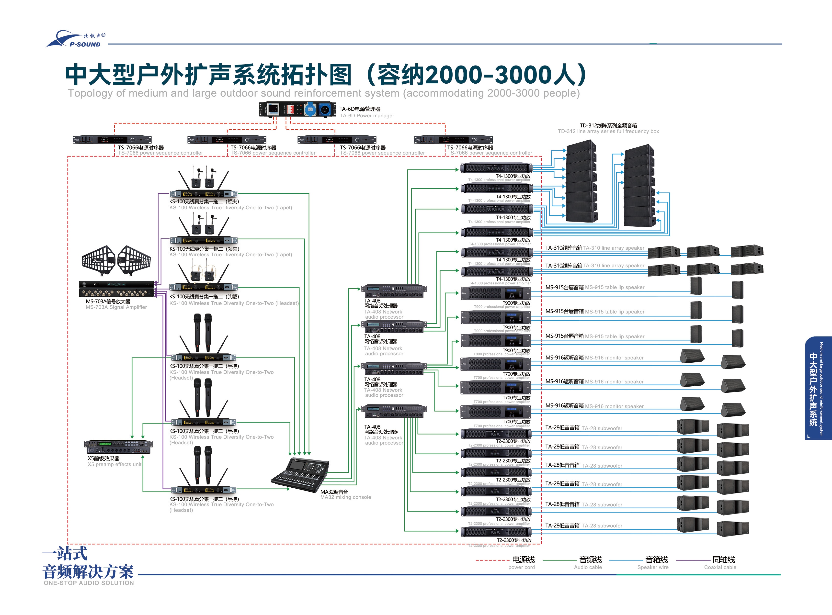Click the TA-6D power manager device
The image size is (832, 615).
tap(296, 109)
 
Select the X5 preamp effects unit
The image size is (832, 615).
tap(118, 447)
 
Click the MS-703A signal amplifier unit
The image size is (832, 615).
tap(117, 289)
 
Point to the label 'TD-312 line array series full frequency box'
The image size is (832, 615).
tap(608, 131)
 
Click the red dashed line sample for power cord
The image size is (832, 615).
tap(492, 560)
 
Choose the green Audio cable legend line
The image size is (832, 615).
tap(559, 560)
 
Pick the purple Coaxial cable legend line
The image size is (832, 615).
tap(693, 560)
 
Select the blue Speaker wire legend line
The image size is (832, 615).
tap(626, 560)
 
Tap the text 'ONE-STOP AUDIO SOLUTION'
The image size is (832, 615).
tap(89, 583)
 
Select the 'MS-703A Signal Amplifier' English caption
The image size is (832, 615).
tap(116, 307)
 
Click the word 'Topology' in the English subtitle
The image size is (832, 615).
tap(89, 93)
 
